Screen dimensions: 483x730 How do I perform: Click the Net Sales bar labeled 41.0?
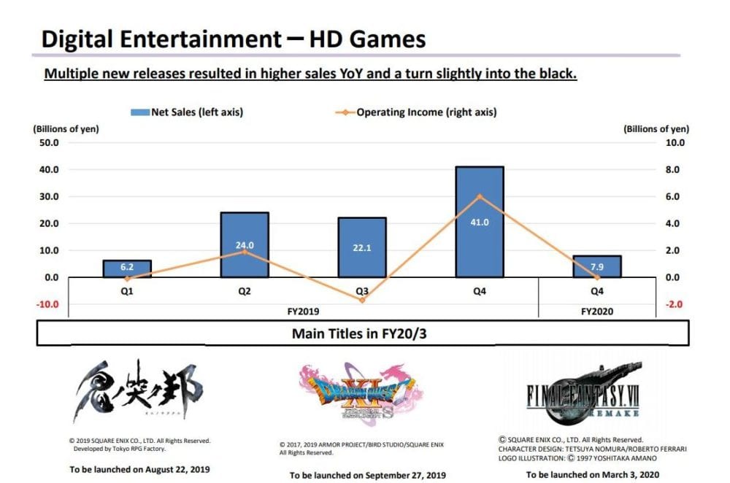pos(480,222)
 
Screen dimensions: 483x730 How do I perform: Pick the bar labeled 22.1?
pos(361,247)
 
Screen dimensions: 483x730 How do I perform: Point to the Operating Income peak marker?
pos(480,196)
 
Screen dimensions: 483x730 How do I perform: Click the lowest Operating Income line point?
pos(361,300)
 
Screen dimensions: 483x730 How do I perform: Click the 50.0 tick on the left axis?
pos(48,142)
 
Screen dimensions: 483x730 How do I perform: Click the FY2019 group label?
pos(303,310)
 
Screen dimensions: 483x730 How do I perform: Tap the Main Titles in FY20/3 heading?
pos(362,333)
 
